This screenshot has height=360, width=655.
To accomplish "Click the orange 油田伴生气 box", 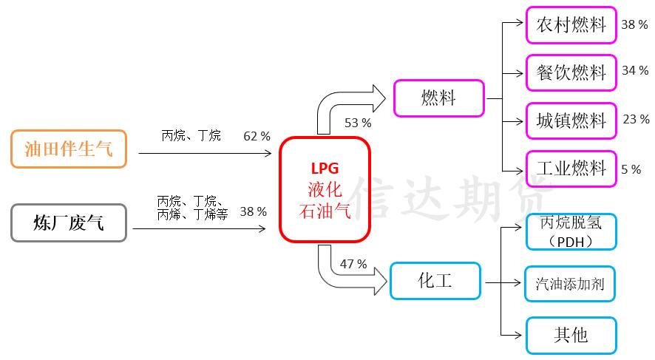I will (69, 149).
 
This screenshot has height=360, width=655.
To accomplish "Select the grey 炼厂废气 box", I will (69, 223).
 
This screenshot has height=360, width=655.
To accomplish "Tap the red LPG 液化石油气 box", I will (325, 189).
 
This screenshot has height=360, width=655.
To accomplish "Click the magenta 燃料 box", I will (438, 98).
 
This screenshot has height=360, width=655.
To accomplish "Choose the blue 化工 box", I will (435, 281).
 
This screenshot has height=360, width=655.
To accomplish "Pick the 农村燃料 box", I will (571, 25).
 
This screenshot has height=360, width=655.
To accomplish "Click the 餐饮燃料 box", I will (571, 72).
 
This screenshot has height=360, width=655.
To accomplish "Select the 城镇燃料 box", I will (571, 120).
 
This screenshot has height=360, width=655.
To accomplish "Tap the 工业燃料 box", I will (571, 169).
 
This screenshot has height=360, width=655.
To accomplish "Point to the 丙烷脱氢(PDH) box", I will (571, 232).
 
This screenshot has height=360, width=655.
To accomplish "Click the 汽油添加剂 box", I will (571, 283).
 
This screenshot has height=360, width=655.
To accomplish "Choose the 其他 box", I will (571, 335).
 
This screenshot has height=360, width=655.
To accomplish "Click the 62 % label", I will (257, 137).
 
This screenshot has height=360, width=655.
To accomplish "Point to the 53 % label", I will (359, 123).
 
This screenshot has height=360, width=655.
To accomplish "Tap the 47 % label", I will (353, 264).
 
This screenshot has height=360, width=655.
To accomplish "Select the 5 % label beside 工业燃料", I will (631, 169).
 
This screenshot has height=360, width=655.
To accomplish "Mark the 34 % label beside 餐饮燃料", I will (634, 71).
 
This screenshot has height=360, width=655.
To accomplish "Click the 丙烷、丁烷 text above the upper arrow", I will (191, 136).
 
